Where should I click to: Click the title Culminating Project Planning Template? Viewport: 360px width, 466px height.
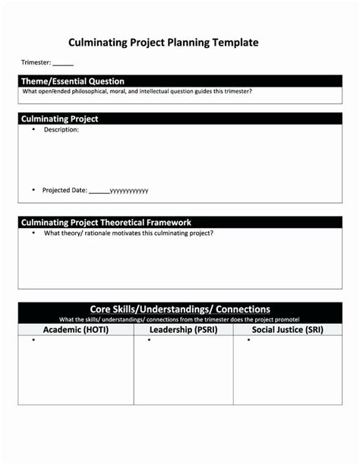163,43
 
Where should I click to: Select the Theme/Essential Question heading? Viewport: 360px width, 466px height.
73,81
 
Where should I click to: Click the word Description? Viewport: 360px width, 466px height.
61,130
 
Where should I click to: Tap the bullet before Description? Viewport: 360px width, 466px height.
33,130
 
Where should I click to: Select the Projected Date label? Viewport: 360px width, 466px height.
65,190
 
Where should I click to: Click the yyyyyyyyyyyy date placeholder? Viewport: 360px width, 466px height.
129,191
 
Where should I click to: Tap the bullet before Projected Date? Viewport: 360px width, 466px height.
33,189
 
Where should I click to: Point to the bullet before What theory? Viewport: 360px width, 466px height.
33,233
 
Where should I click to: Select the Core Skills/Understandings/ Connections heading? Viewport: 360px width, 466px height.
180,309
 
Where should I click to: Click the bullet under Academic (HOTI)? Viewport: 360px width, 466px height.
33,341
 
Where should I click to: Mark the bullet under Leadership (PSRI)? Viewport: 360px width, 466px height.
149,341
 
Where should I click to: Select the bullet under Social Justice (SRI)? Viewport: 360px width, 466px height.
248,341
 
